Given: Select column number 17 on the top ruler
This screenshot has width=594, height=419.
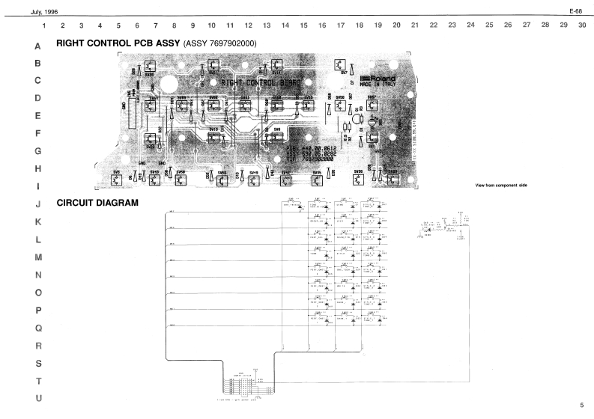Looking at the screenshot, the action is click(x=341, y=25).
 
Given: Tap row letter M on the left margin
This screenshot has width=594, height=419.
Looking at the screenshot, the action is click(x=38, y=257).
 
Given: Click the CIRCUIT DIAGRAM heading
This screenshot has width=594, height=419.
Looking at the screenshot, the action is click(x=97, y=203).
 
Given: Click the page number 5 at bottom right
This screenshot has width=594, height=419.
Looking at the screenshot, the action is click(x=581, y=405).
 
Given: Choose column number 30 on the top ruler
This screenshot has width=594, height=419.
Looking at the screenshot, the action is click(x=582, y=25).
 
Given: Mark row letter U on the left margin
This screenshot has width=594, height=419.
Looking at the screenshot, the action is click(x=38, y=397).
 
